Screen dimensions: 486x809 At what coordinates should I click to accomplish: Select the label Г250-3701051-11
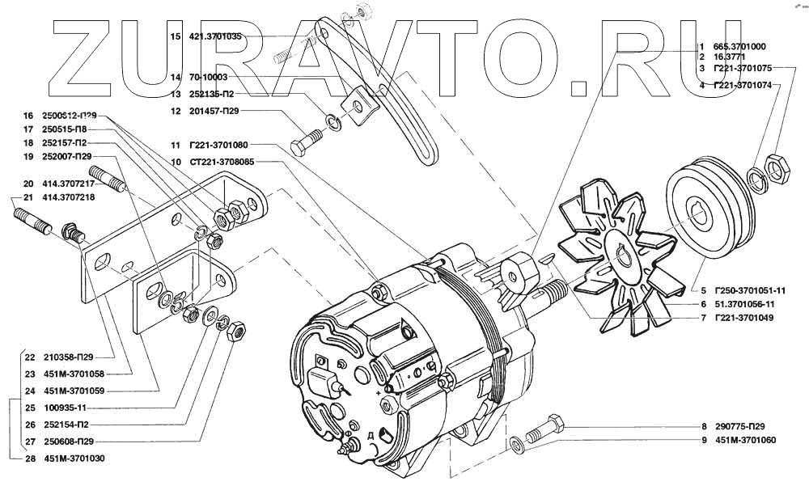(751, 289)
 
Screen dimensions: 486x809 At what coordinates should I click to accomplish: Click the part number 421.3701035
(215, 36)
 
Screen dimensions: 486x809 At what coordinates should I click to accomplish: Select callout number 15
(175, 36)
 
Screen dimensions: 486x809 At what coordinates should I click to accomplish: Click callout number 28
(29, 459)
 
